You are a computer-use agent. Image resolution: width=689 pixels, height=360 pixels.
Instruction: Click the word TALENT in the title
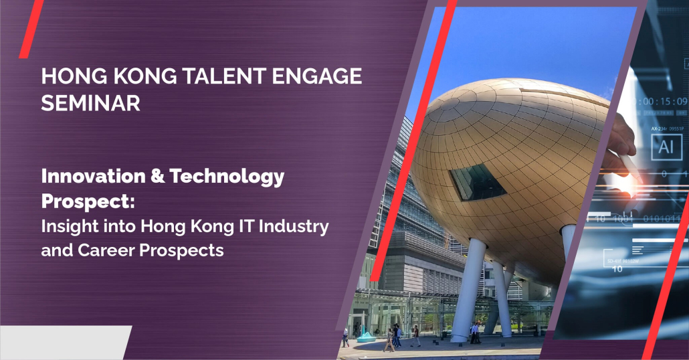223,76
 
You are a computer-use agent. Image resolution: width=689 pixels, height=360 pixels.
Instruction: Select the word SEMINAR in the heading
91,103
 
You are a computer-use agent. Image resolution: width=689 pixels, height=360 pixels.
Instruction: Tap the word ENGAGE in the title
317,76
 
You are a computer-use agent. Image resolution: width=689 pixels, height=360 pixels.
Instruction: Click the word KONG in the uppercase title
145,76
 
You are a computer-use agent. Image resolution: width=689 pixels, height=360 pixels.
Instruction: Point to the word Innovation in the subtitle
93,176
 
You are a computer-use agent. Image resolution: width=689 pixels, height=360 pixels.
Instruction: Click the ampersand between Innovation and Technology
157,177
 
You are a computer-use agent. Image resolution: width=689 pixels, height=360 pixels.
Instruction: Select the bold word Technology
227,177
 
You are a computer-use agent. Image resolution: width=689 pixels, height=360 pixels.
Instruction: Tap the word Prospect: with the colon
88,202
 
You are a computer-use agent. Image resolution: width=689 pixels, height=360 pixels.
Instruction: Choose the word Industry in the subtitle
294,228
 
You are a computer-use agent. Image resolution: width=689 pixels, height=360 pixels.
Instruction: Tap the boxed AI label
666,147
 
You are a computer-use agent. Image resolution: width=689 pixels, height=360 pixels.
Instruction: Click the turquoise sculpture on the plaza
366,337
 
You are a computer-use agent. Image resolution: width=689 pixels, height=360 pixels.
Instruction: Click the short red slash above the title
31,29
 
